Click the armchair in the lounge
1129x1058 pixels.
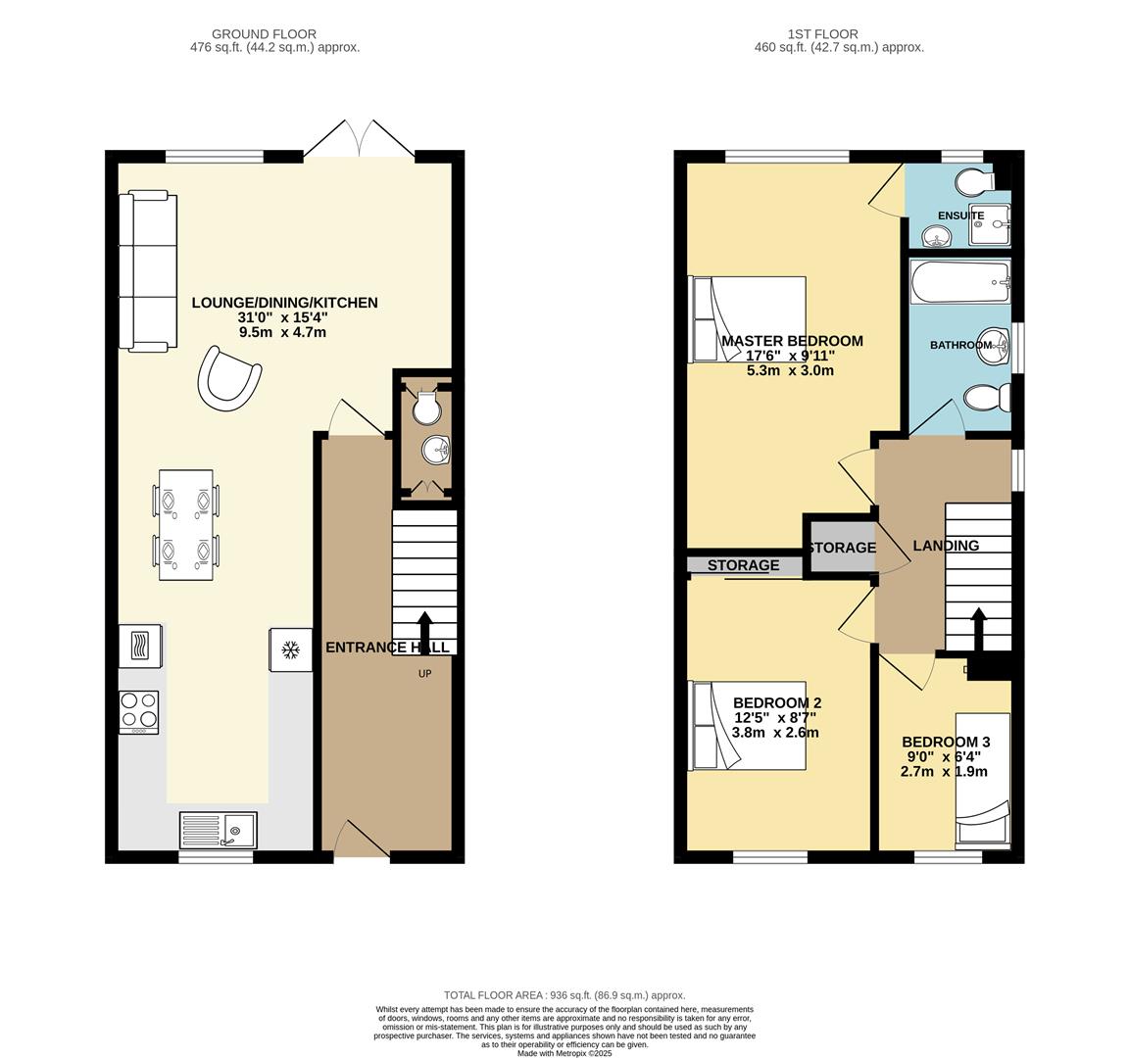click(x=229, y=377)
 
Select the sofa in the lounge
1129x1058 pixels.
click(x=147, y=271)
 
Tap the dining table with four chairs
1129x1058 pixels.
click(x=186, y=526)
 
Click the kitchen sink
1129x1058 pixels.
click(x=218, y=829)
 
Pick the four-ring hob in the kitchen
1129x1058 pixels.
click(x=138, y=712)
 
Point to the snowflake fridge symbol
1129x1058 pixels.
click(x=290, y=649)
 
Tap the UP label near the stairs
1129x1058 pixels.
click(x=424, y=673)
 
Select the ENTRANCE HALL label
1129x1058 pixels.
click(x=387, y=648)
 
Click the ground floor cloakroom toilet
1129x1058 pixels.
click(x=426, y=409)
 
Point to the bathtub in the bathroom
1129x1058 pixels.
click(x=959, y=283)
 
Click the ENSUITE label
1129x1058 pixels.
click(x=960, y=216)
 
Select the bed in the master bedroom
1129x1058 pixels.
click(x=748, y=319)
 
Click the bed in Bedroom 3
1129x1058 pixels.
click(x=982, y=780)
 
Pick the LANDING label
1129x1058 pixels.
click(x=946, y=546)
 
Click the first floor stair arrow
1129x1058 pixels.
click(x=977, y=630)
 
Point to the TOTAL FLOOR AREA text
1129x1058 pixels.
click(x=564, y=994)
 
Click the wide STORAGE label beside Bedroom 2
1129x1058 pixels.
click(x=743, y=565)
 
